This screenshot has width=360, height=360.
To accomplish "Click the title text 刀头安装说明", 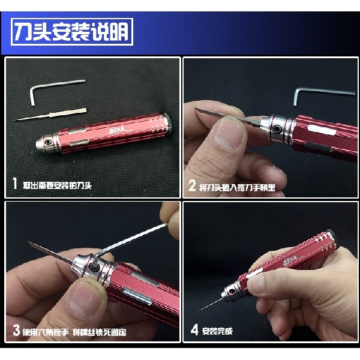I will tap(71, 32).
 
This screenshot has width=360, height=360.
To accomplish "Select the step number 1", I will tap(14, 185).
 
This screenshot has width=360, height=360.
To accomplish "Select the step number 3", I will tap(16, 330).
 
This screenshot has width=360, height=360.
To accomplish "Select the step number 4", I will tap(193, 330).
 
